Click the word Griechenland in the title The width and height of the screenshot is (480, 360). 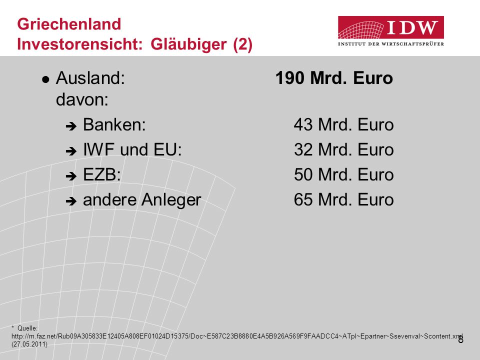(69, 24)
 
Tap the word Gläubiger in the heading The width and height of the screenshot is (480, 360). (188, 44)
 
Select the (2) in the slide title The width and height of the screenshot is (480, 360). (243, 44)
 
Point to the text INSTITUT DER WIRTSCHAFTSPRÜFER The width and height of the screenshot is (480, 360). (391, 44)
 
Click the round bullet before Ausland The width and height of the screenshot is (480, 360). (45, 80)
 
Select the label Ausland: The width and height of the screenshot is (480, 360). (90, 78)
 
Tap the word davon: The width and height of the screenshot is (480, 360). (82, 99)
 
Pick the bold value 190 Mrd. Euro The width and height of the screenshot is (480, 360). (334, 78)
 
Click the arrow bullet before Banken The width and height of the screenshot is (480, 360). (71, 126)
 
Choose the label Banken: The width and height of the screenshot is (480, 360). (114, 124)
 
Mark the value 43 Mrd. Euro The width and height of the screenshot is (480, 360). (344, 124)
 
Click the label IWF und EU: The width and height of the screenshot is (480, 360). (132, 149)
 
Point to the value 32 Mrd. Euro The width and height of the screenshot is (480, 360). (344, 149)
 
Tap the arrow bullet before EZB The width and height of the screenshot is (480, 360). (71, 176)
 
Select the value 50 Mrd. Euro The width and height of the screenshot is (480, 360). (344, 175)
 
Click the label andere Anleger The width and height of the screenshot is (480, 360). (142, 200)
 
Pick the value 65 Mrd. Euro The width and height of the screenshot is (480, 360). (344, 200)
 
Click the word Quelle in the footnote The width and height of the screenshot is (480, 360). (27, 328)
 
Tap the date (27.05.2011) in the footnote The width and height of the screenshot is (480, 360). (29, 344)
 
